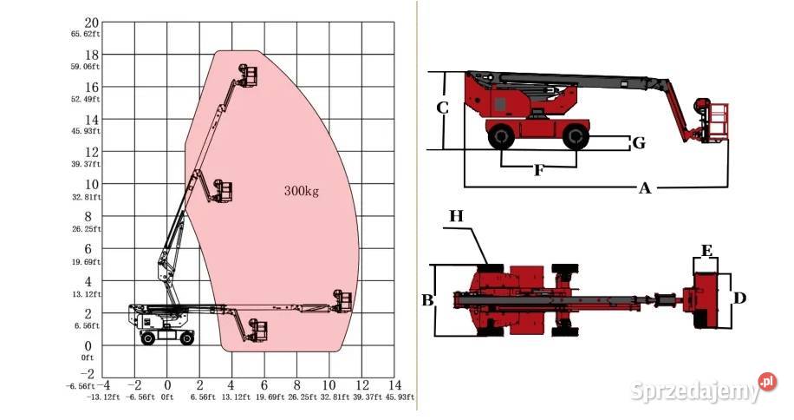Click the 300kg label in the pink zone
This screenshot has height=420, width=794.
(x=302, y=191)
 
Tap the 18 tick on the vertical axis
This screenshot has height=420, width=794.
(x=92, y=55)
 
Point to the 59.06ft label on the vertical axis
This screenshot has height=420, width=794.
(x=86, y=66)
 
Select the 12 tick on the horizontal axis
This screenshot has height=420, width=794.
(x=362, y=385)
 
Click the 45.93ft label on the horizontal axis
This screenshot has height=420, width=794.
(x=400, y=397)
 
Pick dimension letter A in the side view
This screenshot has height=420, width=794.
(x=644, y=188)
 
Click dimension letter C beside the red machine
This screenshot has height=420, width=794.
(x=442, y=108)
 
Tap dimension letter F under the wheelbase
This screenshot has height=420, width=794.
(x=539, y=170)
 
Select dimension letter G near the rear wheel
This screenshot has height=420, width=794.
(x=639, y=143)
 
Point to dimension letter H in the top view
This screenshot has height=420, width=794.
(x=456, y=216)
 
